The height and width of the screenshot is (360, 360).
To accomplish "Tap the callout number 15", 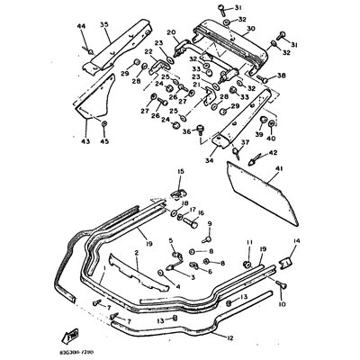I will pyautogui.click(x=180, y=170).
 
